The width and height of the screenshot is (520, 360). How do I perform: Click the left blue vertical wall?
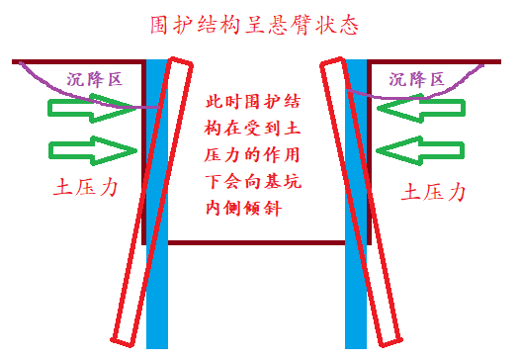157,297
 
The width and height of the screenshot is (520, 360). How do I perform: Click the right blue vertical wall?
356,297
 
